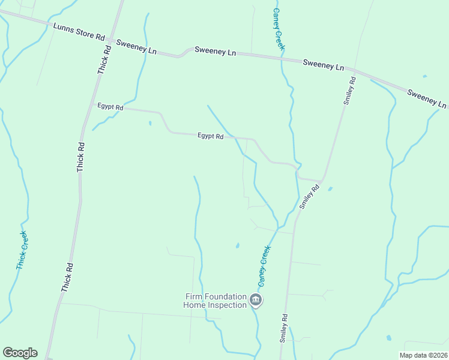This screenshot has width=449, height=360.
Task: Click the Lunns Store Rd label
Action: [79, 32]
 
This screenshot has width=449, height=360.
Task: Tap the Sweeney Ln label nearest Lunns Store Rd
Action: [136, 47]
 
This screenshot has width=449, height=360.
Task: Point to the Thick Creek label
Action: [22, 250]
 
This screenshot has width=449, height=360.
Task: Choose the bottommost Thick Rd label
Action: [67, 278]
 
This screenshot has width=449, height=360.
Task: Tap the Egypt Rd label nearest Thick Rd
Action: [110, 107]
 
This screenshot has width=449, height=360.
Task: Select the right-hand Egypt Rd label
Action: [211, 136]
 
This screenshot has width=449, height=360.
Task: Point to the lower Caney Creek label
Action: [264, 266]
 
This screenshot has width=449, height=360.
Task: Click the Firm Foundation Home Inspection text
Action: [215, 301]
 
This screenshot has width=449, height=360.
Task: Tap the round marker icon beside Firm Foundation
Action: [256, 300]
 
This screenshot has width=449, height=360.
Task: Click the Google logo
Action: [20, 353]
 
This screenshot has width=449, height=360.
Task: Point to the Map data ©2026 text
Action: [423, 355]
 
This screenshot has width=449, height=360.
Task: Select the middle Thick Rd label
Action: [81, 158]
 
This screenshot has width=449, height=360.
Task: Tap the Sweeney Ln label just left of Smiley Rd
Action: [323, 65]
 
